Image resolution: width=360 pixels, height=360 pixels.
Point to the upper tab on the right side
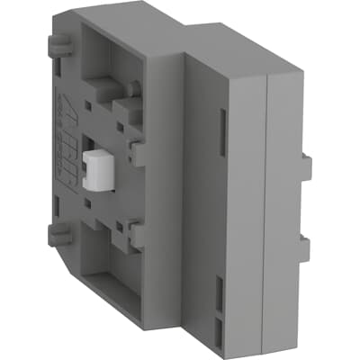coord(306,166)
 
